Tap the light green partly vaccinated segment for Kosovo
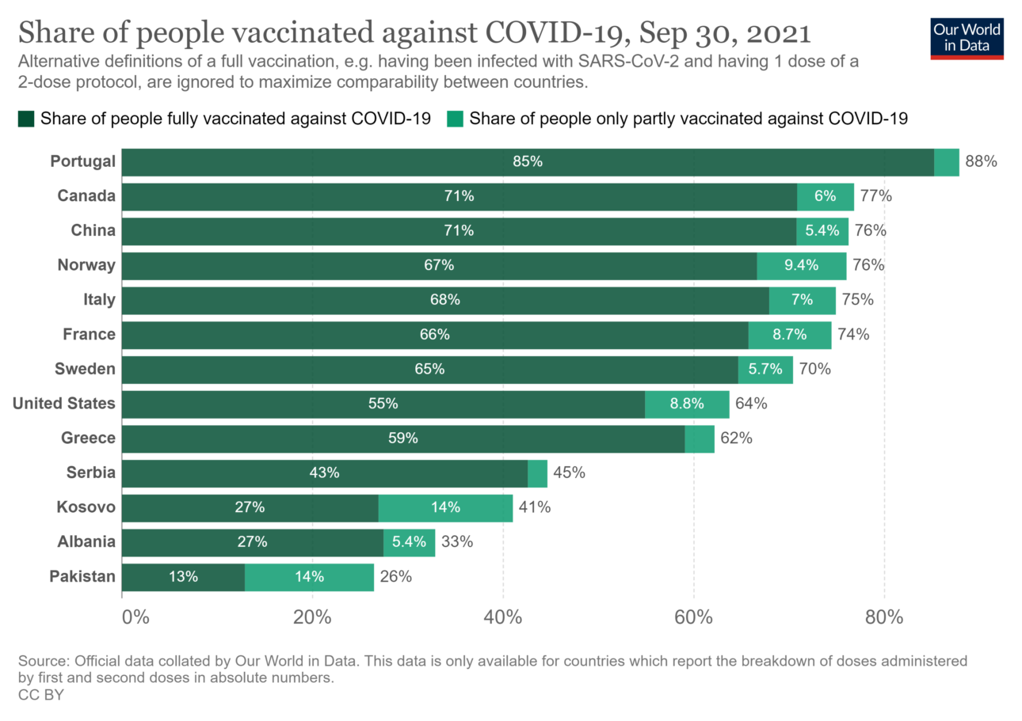coord(445,507)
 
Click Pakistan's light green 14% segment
coord(309,577)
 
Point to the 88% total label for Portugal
coord(980,161)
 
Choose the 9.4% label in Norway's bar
coord(801,265)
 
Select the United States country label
coord(64,404)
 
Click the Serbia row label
coord(91,472)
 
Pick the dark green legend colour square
coord(26,120)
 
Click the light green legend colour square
coord(455,120)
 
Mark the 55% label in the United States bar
coord(383,404)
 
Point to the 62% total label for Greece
coord(736,438)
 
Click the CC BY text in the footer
coord(40,695)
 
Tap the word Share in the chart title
coord(52,34)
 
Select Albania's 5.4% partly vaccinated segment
coord(409,542)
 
